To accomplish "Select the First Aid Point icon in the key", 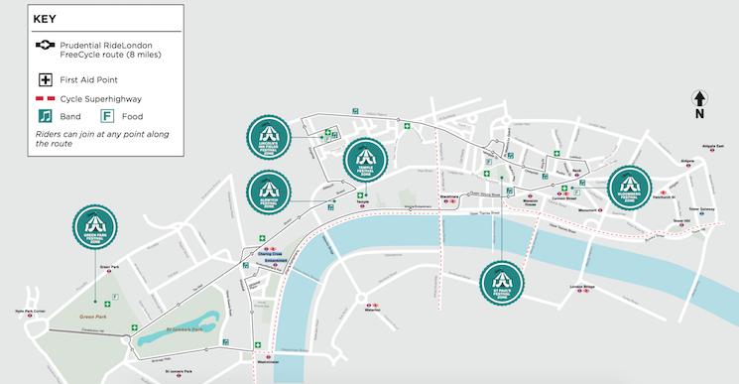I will click(45, 79).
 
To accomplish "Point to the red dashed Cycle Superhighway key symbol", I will click(45, 99).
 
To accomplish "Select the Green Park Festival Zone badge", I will click(95, 231).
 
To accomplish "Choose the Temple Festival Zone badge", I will click(364, 160).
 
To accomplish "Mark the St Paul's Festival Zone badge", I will click(501, 283).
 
